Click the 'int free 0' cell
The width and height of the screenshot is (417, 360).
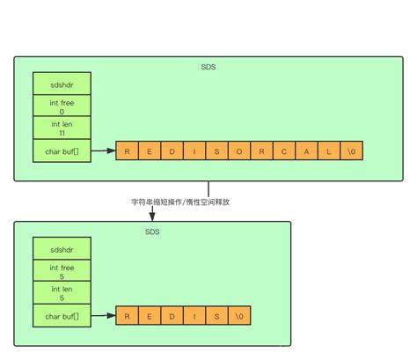pos(62,106)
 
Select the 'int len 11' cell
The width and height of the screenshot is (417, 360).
pos(62,129)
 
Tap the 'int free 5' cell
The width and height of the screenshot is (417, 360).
pos(62,270)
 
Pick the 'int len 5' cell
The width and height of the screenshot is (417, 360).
pos(62,293)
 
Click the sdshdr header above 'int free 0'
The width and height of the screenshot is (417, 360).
pos(62,83)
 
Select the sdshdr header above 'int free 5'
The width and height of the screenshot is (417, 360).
pos(62,247)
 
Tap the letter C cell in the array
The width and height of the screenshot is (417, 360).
pos(284,151)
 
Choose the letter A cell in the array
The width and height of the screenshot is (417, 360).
pos(307,151)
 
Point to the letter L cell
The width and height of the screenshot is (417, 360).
pos(329,151)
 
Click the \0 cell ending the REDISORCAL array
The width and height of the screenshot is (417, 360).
pos(352,151)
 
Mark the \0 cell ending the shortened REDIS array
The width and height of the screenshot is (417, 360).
pos(239,315)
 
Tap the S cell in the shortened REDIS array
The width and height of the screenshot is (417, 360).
pos(216,315)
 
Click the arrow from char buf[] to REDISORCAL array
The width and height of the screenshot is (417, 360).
pos(103,151)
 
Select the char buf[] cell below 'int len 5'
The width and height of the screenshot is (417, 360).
pos(62,315)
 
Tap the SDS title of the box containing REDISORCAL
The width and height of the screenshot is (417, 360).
pos(208,67)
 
